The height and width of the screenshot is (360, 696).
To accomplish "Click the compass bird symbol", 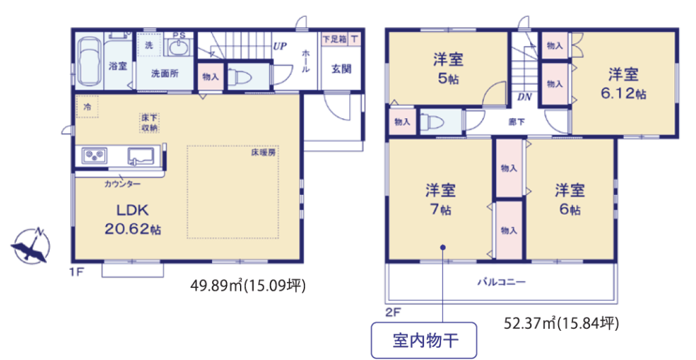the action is click(30, 246).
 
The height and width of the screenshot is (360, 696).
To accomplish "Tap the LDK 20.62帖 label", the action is click(133, 219).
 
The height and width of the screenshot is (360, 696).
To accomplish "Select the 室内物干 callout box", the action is click(424, 340).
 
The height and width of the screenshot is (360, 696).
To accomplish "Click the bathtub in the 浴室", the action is click(89, 60).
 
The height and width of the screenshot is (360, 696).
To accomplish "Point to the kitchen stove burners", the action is click(94, 155).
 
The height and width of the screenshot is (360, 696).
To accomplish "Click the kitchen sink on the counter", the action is click(141, 156).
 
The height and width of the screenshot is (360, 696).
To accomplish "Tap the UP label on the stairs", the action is click(279, 46).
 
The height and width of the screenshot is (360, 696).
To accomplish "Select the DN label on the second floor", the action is click(524, 97).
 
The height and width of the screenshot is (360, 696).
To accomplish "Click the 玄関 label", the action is click(341, 69).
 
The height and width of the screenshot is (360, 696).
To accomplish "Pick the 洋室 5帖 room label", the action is click(449, 69).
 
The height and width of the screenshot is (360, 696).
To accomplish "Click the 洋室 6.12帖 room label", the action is click(623, 84).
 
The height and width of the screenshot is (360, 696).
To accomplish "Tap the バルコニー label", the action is click(502, 281).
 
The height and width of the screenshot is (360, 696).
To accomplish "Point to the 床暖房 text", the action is click(263, 153).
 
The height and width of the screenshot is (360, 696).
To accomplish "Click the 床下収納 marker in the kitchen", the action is click(150, 123).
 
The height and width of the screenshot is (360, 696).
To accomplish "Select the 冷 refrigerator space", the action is click(87, 107).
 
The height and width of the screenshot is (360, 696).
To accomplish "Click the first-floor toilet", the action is click(240, 77).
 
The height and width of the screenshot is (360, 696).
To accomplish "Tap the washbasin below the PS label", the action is click(178, 47).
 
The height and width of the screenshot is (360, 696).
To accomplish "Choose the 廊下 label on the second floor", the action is click(517, 122).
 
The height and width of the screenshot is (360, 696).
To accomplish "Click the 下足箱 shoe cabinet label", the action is click(334, 39).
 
